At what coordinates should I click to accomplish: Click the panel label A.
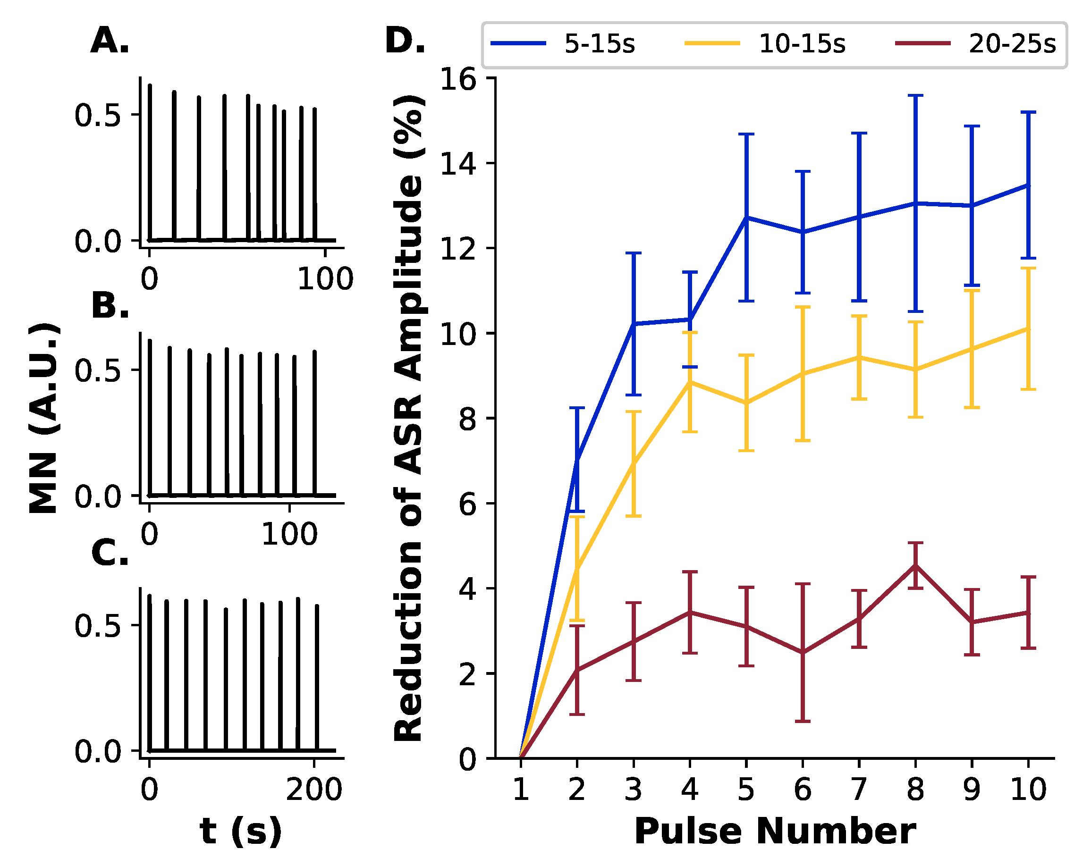pos(110,41)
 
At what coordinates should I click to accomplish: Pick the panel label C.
pos(110,554)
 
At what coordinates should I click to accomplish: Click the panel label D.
pos(405,41)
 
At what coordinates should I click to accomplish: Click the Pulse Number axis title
pos(775,831)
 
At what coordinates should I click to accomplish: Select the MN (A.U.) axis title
pos(44,418)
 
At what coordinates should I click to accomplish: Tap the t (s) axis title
pos(241,832)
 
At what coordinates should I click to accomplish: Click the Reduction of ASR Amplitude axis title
pos(408,418)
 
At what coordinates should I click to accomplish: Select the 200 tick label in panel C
pos(314,789)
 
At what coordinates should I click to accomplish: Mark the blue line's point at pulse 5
pos(746,217)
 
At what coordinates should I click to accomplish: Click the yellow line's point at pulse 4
pos(690,382)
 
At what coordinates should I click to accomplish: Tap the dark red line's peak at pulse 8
pos(915,565)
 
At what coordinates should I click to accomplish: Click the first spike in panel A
pos(150,162)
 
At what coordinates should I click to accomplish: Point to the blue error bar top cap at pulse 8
pos(915,95)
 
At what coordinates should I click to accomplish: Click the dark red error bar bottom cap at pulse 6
pos(803,721)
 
